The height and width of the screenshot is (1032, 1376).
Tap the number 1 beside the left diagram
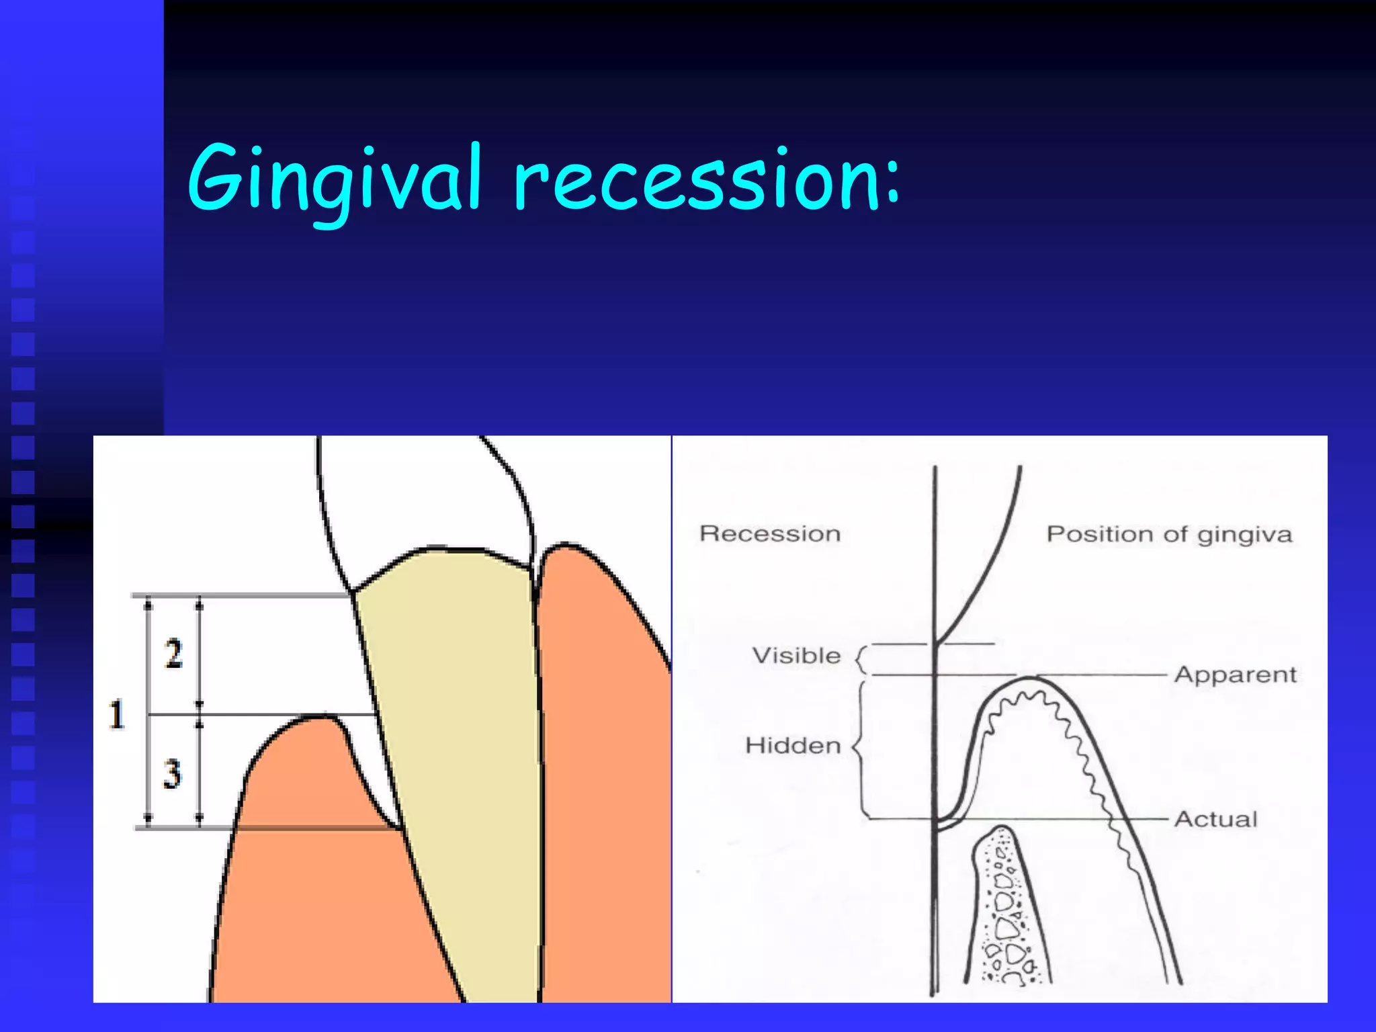click(117, 714)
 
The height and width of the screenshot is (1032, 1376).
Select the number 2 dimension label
click(173, 653)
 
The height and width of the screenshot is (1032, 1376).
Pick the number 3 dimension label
click(172, 773)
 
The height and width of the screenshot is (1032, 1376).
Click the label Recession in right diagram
click(769, 533)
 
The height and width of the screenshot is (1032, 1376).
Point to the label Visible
click(796, 656)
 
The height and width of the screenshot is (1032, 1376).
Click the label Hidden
click(793, 746)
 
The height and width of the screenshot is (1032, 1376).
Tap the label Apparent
click(1235, 675)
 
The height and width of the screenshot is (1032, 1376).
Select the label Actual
click(1215, 819)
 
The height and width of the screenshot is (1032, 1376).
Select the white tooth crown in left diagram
click(423, 497)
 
